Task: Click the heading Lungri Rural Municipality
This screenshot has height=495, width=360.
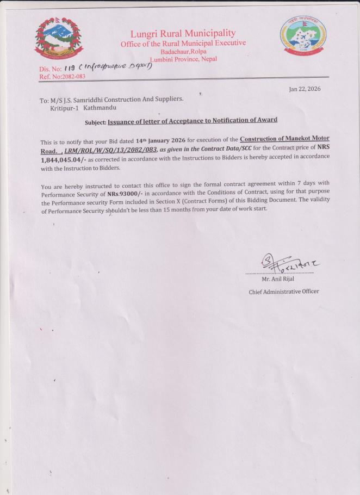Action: tap(183, 34)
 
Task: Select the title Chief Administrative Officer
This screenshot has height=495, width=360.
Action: tap(284, 292)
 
